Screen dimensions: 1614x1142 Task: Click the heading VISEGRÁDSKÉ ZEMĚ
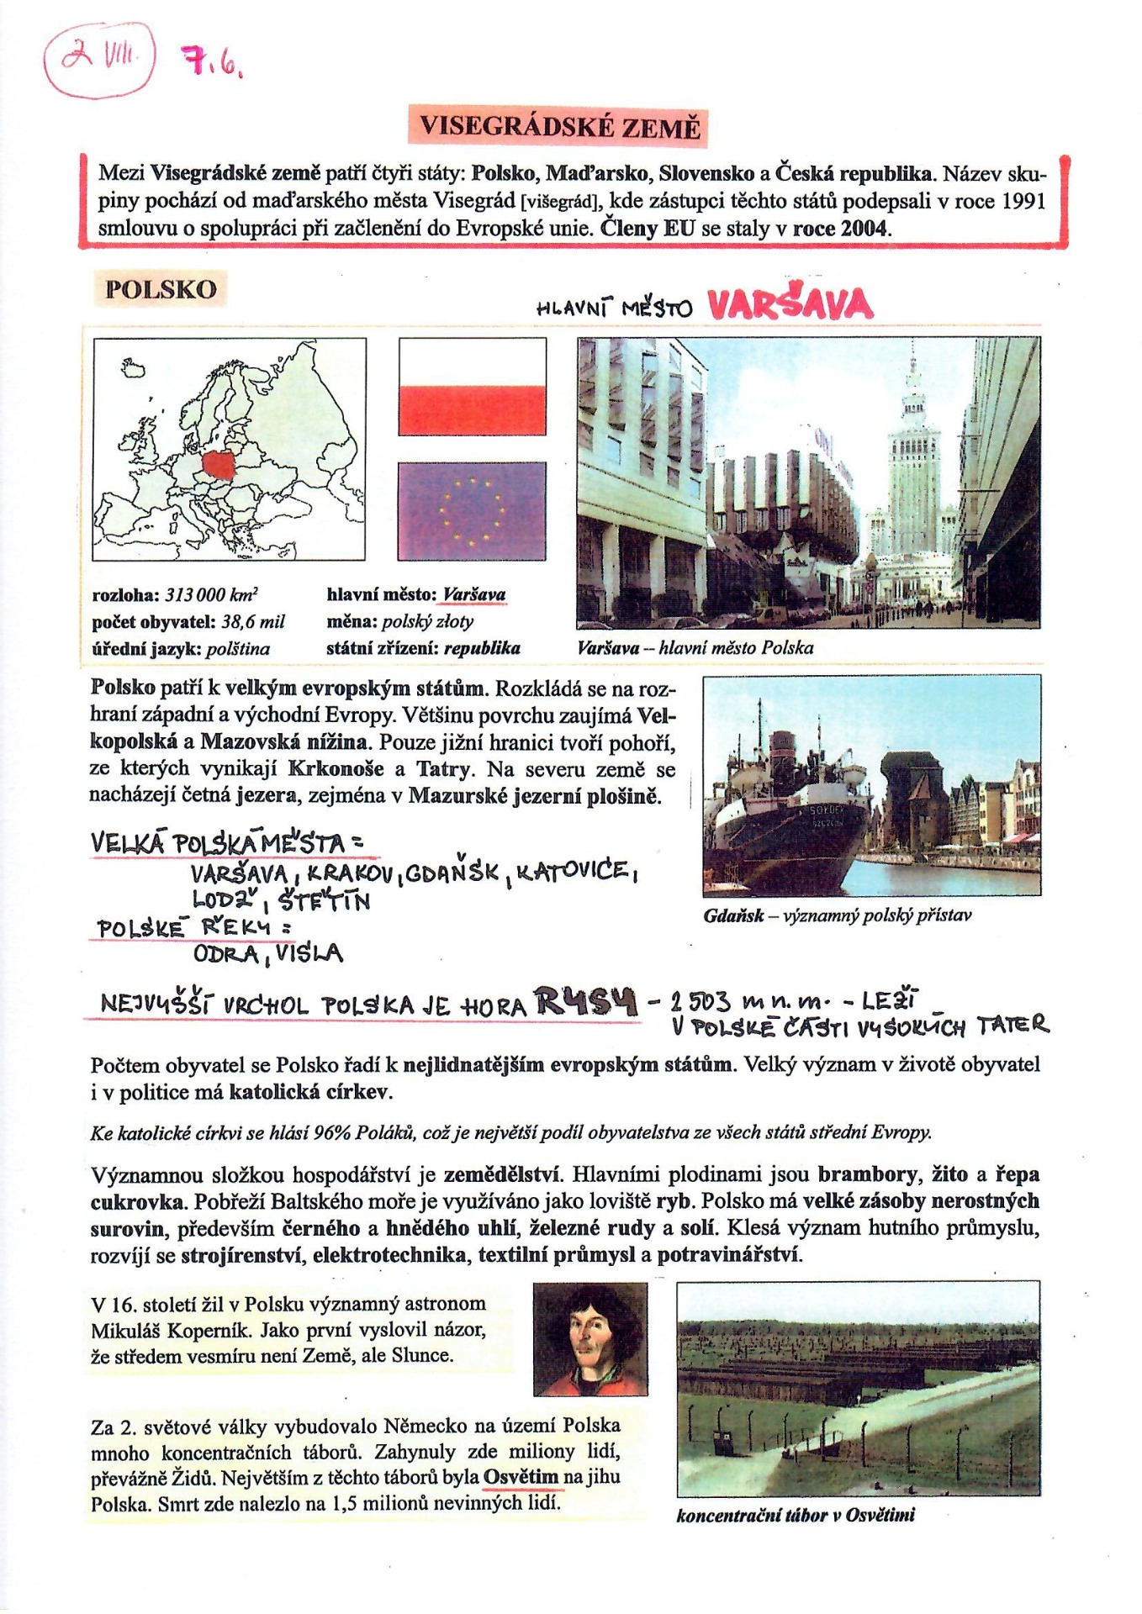pos(559,127)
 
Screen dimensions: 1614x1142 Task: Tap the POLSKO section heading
pos(161,289)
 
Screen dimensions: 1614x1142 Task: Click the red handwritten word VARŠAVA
pos(790,304)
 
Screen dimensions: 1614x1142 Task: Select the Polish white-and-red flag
pos(472,387)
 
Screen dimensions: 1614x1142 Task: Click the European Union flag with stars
pos(472,510)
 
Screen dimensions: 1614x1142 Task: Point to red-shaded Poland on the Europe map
pos(220,464)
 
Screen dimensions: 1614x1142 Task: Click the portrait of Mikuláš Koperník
pos(590,1338)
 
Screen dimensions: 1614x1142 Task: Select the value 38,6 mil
pos(253,622)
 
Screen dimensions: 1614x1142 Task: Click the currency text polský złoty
pos(427,622)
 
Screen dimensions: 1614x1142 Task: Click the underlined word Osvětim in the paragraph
pos(521,1477)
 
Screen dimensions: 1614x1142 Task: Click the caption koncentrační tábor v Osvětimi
pos(795,1516)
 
